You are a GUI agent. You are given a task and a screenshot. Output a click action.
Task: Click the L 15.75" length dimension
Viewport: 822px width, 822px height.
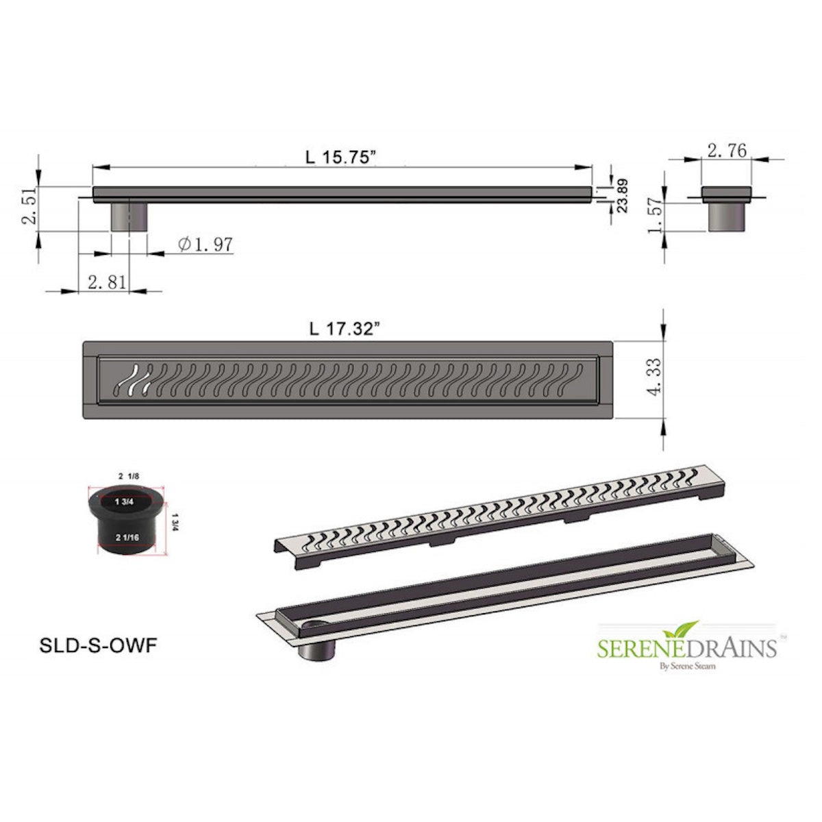(341, 156)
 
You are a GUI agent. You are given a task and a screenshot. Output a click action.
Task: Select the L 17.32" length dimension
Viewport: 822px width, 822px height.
(344, 329)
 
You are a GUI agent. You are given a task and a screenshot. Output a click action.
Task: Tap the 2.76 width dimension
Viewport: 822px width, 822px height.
(726, 151)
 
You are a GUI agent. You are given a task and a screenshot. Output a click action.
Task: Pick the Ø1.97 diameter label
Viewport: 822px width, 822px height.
(206, 244)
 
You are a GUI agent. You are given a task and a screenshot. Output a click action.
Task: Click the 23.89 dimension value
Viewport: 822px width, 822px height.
(622, 196)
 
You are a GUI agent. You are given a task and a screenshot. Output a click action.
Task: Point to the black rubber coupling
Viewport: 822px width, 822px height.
(127, 519)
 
